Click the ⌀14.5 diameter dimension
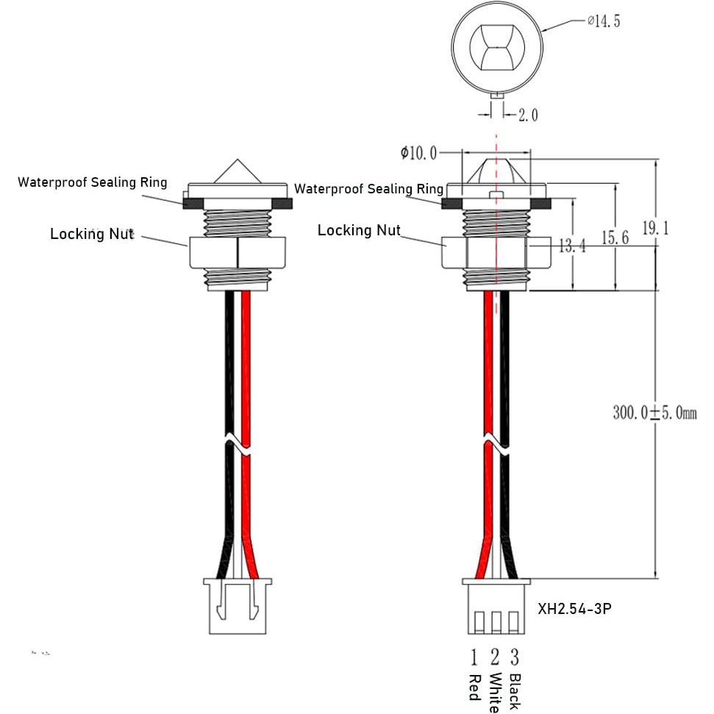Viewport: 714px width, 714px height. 604,21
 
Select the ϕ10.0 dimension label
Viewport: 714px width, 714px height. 418,153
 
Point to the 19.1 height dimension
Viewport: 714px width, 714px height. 655,229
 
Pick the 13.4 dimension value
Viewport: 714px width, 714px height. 572,246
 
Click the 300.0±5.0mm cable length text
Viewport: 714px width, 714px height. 654,413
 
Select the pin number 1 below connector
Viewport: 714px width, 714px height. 474,657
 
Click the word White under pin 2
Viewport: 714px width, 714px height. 495,692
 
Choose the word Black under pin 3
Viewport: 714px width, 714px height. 515,691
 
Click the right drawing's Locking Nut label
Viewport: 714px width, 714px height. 359,230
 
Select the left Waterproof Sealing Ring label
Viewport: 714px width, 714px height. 93,182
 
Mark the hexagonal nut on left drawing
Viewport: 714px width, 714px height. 237,253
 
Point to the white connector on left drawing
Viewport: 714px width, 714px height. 237,605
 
